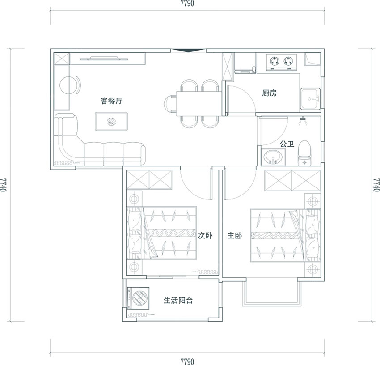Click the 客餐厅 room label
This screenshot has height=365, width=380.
tap(111, 101)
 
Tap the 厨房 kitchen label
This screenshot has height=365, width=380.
tap(269, 93)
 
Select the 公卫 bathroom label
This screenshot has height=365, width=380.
tap(287, 144)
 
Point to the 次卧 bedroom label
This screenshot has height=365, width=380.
tap(205, 235)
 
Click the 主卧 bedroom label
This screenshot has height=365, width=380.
tap(235, 235)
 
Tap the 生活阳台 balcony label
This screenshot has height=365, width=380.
tap(178, 301)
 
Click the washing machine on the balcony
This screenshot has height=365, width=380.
tap(138, 298)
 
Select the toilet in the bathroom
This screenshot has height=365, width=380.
tap(304, 153)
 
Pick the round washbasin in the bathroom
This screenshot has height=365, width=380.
tap(273, 157)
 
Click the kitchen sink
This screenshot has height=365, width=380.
tap(310, 99)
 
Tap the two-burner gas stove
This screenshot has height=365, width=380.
tap(281, 62)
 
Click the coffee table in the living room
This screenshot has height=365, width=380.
tap(111, 121)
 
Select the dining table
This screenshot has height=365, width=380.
tap(199, 104)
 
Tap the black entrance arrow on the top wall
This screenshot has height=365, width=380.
tap(188, 50)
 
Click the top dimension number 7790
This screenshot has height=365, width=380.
tap(187, 4)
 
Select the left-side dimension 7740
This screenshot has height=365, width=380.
tap(4, 185)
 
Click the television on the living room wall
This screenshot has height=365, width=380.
tap(104, 59)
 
